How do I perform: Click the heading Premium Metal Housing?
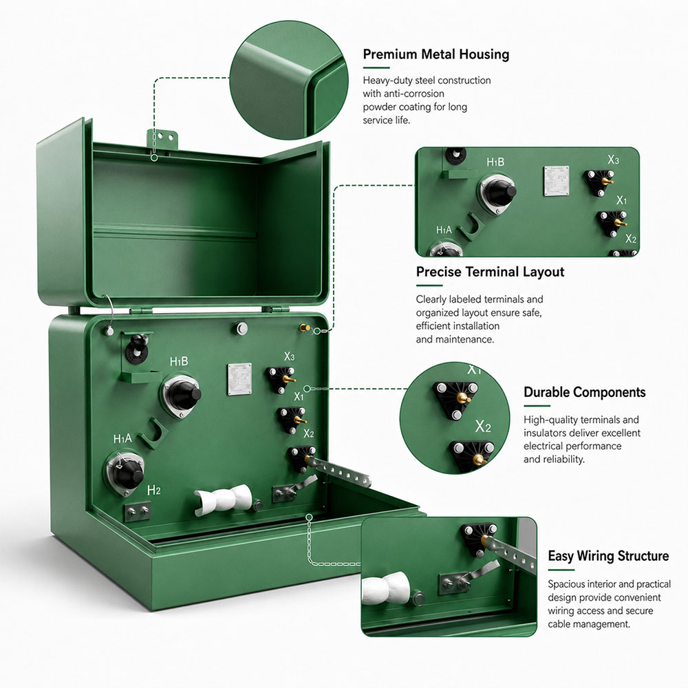[x=436, y=54]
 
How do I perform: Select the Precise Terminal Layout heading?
[x=490, y=272]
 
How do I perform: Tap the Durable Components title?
[x=584, y=392]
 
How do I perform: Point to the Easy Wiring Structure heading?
[x=608, y=556]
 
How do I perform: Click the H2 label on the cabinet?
[x=153, y=490]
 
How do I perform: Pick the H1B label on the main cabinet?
[x=179, y=362]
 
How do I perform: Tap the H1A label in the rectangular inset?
[x=444, y=230]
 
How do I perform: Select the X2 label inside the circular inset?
[x=483, y=426]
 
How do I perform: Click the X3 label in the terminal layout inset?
[x=613, y=160]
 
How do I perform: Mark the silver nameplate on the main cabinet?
[x=239, y=379]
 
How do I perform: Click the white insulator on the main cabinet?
[x=223, y=499]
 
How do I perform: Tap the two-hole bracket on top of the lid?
[x=163, y=140]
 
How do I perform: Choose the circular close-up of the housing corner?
[x=289, y=80]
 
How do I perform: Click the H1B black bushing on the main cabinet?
[x=182, y=396]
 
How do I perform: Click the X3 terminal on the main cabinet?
[x=281, y=379]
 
